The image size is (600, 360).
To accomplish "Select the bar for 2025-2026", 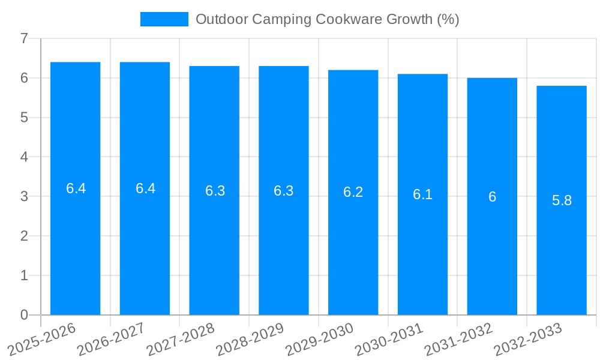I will (x=76, y=188).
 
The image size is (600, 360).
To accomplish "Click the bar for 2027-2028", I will (x=214, y=190).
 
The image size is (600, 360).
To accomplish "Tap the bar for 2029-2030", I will (x=353, y=192).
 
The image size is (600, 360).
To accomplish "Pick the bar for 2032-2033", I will (x=562, y=200).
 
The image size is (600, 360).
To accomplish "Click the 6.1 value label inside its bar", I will (x=422, y=194).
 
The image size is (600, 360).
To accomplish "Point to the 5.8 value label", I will (x=562, y=200).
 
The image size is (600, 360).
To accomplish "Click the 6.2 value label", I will (x=353, y=192).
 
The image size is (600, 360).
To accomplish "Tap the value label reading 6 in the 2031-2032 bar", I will (x=492, y=197).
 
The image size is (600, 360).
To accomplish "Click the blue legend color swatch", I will (x=164, y=19).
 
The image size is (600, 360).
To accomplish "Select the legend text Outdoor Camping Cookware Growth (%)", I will (x=327, y=19).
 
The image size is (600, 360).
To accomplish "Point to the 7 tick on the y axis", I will (x=24, y=38).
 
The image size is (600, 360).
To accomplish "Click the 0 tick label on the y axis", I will (x=24, y=315).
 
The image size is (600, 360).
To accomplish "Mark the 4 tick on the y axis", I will (x=24, y=157).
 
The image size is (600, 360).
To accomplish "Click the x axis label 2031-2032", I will (x=458, y=339).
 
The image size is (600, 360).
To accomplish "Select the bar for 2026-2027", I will (x=145, y=188).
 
